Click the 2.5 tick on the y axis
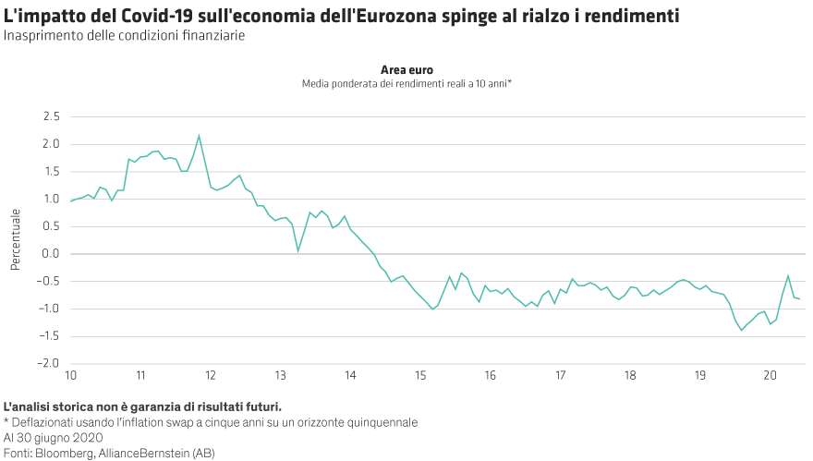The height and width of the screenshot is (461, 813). [x=51, y=116]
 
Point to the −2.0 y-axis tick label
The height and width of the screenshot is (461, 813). [x=49, y=363]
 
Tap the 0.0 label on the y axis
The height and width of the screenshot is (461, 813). [x=51, y=253]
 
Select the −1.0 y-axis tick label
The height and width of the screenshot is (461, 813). [x=49, y=309]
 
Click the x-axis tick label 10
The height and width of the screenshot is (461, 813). [x=71, y=376]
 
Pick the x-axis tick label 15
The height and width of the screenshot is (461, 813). [x=420, y=376]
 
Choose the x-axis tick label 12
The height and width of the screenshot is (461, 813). [x=211, y=376]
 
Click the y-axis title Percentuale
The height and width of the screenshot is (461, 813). [x=15, y=240]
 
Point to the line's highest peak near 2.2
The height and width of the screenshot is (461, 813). [x=199, y=136]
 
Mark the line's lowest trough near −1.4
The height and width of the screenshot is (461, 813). [x=741, y=331]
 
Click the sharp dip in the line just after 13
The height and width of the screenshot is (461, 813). [x=298, y=250]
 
